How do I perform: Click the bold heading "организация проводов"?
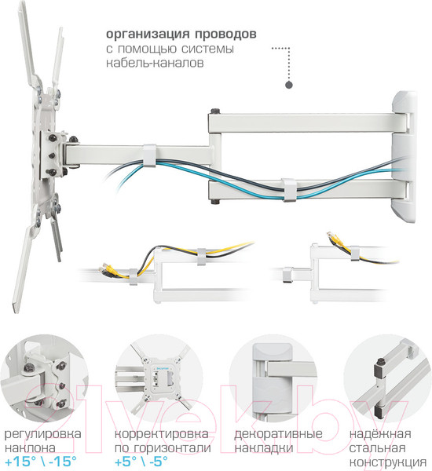[x=180, y=35]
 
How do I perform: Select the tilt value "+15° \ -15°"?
[x=46, y=462]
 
